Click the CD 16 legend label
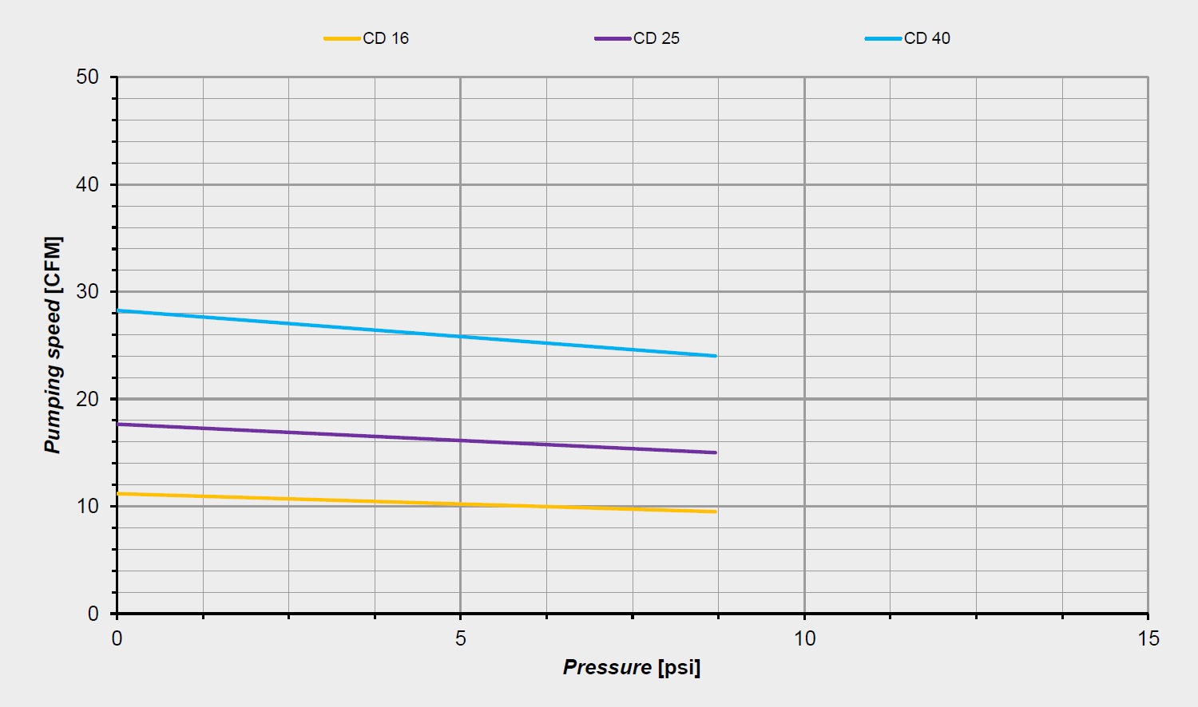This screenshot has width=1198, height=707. click(x=386, y=38)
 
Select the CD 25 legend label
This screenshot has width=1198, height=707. click(x=657, y=38)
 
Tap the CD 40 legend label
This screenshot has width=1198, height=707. click(x=927, y=38)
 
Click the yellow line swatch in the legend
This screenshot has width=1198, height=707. click(x=342, y=38)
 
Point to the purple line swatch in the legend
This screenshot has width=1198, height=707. click(x=613, y=38)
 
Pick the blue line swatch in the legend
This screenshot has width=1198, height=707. click(x=883, y=38)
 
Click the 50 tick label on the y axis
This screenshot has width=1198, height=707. click(x=88, y=77)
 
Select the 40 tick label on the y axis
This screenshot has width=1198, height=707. click(x=88, y=184)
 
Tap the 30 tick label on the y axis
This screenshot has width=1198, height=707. click(x=88, y=292)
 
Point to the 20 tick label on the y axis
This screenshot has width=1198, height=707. click(x=88, y=399)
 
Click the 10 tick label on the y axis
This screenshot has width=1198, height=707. click(x=88, y=507)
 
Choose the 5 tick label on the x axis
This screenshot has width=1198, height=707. click(x=461, y=638)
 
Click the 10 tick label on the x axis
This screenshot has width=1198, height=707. click(x=805, y=638)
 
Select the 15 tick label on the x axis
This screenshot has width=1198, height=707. click(x=1148, y=638)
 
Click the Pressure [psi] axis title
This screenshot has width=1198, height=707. click(x=632, y=667)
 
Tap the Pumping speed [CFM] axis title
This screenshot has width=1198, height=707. click(x=53, y=345)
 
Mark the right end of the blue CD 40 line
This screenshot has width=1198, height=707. click(x=716, y=356)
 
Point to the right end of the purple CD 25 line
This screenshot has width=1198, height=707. click(x=716, y=452)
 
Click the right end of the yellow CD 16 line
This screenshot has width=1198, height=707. click(x=716, y=511)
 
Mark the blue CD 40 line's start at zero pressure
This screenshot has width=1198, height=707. click(x=118, y=310)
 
